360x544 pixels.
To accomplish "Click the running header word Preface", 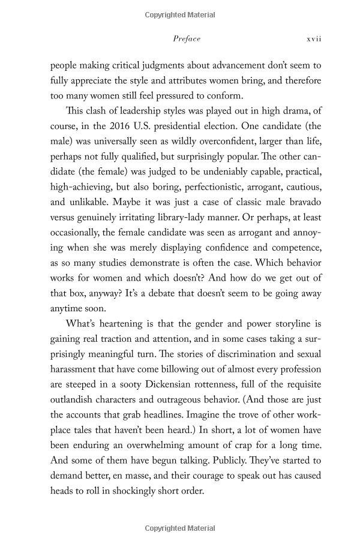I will click(x=187, y=39).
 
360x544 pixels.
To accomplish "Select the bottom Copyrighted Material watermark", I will click(x=180, y=528).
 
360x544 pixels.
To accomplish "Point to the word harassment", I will click(x=76, y=368).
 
